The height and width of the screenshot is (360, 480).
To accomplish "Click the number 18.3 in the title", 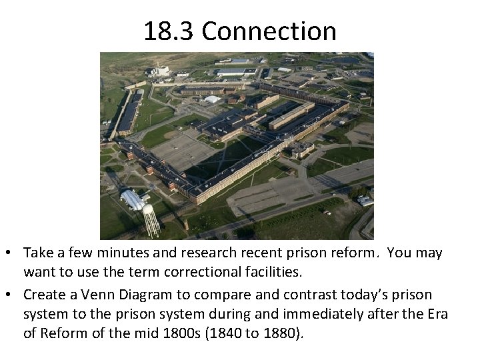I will [169, 31].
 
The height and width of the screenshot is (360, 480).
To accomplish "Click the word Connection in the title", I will [269, 31].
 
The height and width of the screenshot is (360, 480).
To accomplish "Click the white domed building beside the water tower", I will [133, 199].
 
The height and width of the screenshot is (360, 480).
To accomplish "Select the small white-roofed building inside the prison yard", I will [212, 99].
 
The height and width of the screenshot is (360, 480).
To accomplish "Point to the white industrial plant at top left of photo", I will [159, 71].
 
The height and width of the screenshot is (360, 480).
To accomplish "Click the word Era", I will [436, 314].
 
